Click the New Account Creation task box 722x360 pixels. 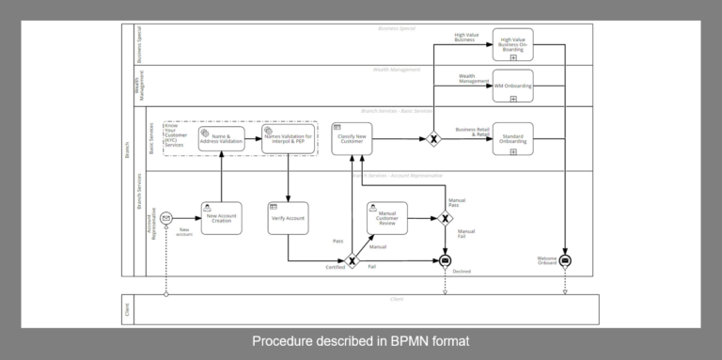(x=221, y=217)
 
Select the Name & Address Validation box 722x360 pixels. (x=221, y=138)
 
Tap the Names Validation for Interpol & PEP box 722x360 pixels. (x=288, y=138)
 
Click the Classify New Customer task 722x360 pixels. (x=353, y=138)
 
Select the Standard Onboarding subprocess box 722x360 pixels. (x=512, y=138)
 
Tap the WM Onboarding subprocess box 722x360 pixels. (x=512, y=86)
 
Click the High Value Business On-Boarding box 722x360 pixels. (x=512, y=43)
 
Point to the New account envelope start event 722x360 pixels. (x=166, y=218)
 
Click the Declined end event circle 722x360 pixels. (x=446, y=260)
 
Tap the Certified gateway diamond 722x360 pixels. (x=353, y=260)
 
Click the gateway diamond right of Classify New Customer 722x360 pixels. (x=433, y=139)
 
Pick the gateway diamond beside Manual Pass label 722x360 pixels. (x=446, y=218)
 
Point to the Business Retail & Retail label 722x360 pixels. (x=472, y=133)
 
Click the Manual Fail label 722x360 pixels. (x=466, y=234)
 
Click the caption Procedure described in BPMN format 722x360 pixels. (x=360, y=342)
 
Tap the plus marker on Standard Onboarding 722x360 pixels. (x=512, y=151)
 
